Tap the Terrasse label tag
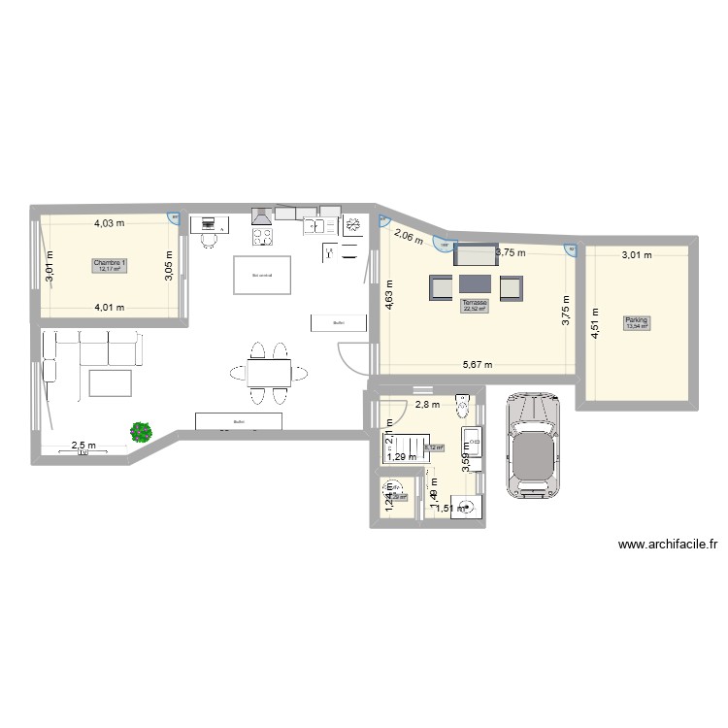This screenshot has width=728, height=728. (475, 305)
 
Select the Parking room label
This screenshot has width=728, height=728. (637, 322)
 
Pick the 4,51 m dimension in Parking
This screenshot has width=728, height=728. (594, 321)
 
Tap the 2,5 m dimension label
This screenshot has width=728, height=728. (83, 447)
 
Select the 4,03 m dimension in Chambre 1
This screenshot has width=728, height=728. (109, 224)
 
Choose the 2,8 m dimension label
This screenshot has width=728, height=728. (427, 405)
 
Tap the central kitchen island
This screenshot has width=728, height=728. (261, 275)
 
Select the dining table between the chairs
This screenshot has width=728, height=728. (268, 373)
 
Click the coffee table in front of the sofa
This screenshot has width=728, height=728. (110, 382)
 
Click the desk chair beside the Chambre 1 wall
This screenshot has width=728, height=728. (209, 240)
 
